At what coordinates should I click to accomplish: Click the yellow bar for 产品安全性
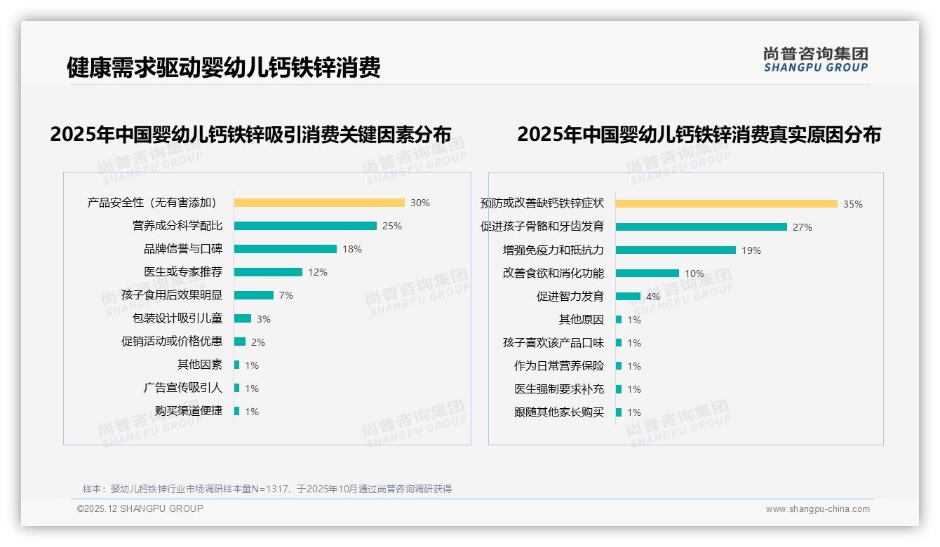coord(319,203)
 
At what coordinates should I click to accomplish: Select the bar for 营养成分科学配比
coord(305,226)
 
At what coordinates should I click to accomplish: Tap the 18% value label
coord(352,249)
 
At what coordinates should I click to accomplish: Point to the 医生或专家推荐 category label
coord(183,272)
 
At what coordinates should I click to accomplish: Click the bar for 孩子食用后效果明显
coord(254,295)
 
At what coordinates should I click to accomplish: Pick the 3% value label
coord(264,319)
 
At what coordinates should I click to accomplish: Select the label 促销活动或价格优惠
coord(172,342)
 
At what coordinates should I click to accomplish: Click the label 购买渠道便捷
coord(189,411)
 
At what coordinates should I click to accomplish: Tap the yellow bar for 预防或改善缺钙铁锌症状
coord(727,204)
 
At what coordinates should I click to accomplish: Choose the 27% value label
coord(803,227)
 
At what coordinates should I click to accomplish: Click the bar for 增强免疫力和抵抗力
coord(676,250)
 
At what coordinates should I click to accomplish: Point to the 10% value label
coord(694,273)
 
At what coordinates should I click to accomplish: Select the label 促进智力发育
coord(570,297)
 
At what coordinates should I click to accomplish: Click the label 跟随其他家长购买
coord(559,412)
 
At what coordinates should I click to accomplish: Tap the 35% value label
coord(853,204)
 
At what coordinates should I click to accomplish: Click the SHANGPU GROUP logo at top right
coord(816,60)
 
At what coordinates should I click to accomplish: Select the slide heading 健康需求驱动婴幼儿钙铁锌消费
coord(224,68)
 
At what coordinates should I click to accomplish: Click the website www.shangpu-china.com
coord(817,509)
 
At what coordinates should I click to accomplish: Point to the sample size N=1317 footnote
coord(267,489)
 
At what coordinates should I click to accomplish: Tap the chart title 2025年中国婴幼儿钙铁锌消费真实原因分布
coord(699,134)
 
